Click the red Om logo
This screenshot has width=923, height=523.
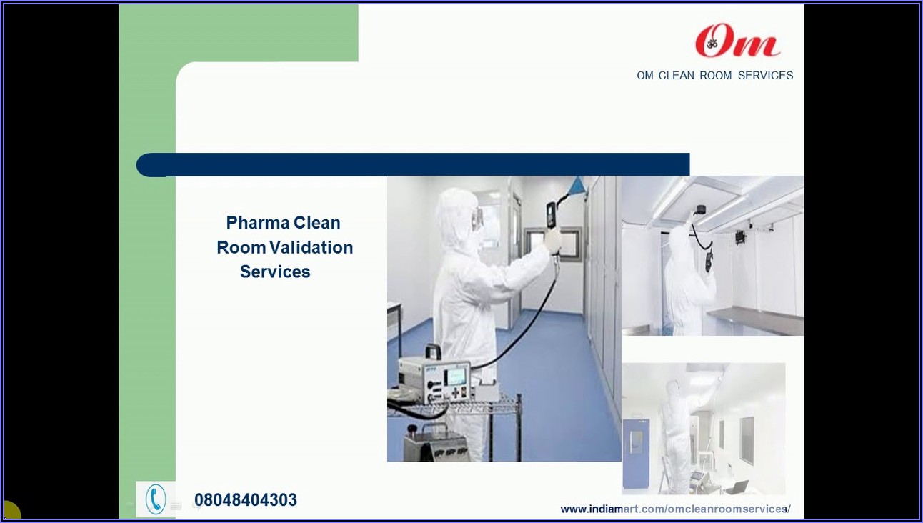[737, 41]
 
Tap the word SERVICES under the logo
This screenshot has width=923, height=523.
[765, 76]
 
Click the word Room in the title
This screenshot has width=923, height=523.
[241, 248]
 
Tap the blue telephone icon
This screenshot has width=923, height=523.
[156, 499]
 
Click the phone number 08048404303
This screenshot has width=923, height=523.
[246, 500]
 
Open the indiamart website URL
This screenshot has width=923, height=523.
[675, 509]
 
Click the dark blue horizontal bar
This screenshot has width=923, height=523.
[413, 165]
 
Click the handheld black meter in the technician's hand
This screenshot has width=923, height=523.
[552, 214]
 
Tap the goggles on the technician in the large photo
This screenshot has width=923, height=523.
[479, 215]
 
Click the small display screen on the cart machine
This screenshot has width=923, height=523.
[456, 375]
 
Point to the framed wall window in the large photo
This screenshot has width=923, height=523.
[554, 244]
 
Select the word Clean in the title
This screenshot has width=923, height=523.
[317, 223]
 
